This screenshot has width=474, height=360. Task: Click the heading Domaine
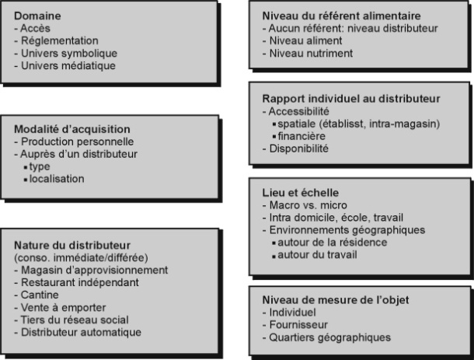[x=37, y=16]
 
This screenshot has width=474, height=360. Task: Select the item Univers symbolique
[x=69, y=53]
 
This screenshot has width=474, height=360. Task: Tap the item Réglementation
[x=60, y=41]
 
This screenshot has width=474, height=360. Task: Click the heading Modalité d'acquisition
[x=72, y=129]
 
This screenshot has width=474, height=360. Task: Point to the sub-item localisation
[x=57, y=179]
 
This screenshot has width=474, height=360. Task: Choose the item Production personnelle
[x=77, y=142]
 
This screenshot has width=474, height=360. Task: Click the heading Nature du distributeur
[x=72, y=245]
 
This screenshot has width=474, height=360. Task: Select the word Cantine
[x=40, y=295]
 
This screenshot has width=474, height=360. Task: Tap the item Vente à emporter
[x=63, y=308]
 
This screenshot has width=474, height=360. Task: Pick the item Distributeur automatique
[x=81, y=332]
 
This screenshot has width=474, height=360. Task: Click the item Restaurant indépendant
[x=80, y=282]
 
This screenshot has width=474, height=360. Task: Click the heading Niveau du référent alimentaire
[x=342, y=16]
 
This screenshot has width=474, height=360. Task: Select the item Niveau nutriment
[x=311, y=53]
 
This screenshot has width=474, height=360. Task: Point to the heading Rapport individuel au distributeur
[x=351, y=99]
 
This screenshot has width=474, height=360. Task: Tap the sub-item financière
[x=301, y=136]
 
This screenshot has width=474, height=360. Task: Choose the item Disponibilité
[x=298, y=149]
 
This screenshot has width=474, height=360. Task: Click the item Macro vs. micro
[x=308, y=205]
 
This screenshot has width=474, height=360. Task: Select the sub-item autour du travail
[x=317, y=255]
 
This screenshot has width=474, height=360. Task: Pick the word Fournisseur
[x=298, y=324]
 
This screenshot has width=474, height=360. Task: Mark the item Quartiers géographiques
[x=329, y=337]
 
